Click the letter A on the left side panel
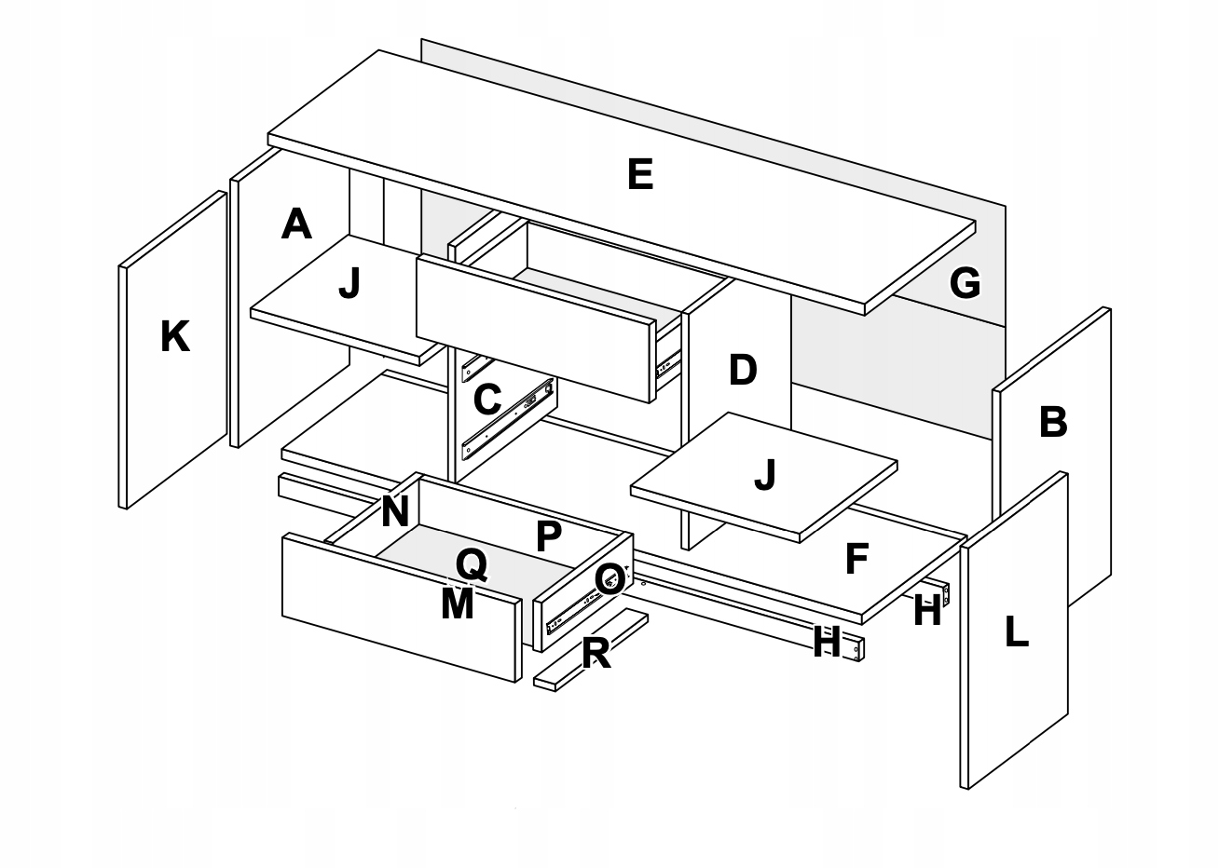click(295, 224)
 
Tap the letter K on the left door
click(175, 336)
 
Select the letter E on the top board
click(640, 175)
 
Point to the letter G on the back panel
click(965, 282)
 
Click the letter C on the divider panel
click(486, 400)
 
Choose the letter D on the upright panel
click(742, 371)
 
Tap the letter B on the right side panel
click(1052, 422)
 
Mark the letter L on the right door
click(1016, 632)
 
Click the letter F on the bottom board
click(856, 559)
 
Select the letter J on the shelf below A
click(349, 284)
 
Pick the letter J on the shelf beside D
click(764, 475)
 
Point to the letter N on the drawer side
click(395, 511)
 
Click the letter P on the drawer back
click(549, 536)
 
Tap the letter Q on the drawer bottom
click(471, 563)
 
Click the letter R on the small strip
click(596, 654)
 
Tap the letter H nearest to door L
click(926, 611)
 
